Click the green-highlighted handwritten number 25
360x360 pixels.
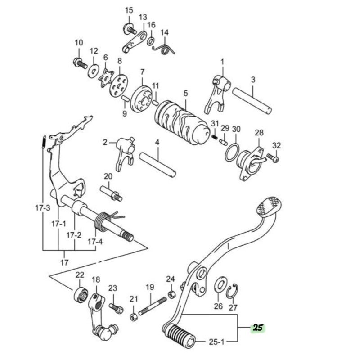(x=258, y=328)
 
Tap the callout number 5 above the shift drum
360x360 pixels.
(x=185, y=94)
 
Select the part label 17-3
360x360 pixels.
(x=43, y=208)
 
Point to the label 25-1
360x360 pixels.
(x=216, y=342)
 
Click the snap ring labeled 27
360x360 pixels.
(x=233, y=291)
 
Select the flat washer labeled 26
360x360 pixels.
(x=220, y=288)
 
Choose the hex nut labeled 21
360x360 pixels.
(x=134, y=317)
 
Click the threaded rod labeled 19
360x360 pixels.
(x=152, y=306)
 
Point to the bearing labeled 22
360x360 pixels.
(x=81, y=295)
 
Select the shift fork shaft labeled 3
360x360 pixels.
(x=252, y=100)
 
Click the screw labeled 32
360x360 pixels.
(x=273, y=158)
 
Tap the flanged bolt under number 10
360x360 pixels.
(x=81, y=63)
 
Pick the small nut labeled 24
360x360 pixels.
(x=171, y=294)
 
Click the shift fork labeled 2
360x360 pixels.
(x=125, y=153)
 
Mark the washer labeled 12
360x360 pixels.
(x=94, y=71)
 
